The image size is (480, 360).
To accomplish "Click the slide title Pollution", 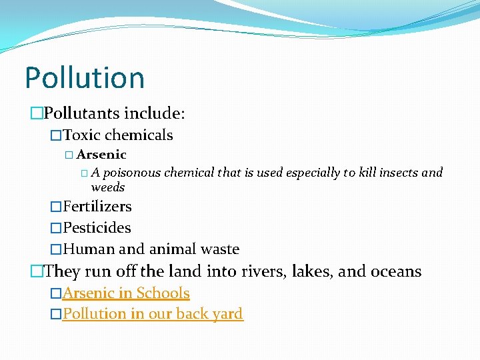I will click(x=85, y=77).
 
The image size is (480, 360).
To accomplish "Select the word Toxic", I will click(x=82, y=135).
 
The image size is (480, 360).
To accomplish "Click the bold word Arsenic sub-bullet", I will click(x=101, y=155).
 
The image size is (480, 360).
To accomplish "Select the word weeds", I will click(x=108, y=187).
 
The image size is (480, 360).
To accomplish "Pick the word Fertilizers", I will click(x=97, y=207).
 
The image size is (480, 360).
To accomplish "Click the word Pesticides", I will click(x=97, y=228).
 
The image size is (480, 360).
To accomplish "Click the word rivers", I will click(x=261, y=271).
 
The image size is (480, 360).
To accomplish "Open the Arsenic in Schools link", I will click(x=127, y=293).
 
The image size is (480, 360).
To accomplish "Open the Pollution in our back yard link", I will click(x=153, y=314).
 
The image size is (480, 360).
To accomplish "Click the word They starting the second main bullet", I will click(x=62, y=271).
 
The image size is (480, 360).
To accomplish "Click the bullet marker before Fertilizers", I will click(x=57, y=207).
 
